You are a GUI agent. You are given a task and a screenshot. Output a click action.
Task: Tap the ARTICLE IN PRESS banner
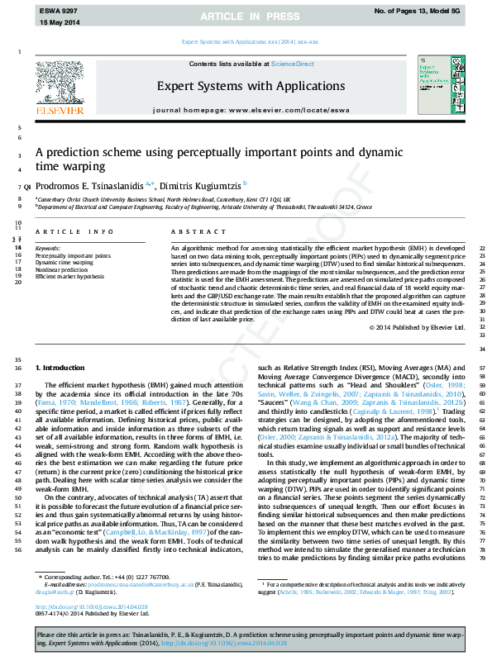(x=246, y=15)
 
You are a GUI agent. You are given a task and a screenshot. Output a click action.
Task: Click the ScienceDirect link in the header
(x=293, y=64)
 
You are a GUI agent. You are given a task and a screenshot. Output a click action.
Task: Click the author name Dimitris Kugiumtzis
(x=199, y=186)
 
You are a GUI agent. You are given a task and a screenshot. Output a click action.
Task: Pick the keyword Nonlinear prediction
(x=61, y=269)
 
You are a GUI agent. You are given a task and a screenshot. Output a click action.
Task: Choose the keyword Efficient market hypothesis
(x=70, y=277)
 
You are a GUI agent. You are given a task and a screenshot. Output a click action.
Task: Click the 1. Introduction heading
(x=60, y=366)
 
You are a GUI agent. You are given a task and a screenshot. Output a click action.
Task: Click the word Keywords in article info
(x=48, y=248)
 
